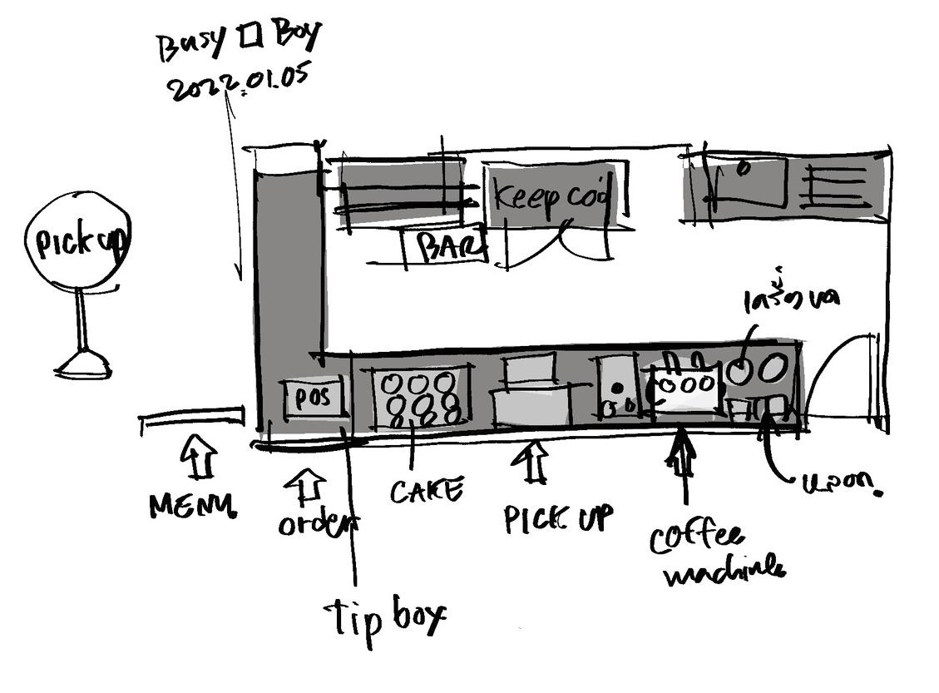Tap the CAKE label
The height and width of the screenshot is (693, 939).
tap(426, 491)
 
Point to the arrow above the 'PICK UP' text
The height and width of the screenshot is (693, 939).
tap(535, 463)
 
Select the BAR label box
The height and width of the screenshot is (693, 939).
tap(444, 247)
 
